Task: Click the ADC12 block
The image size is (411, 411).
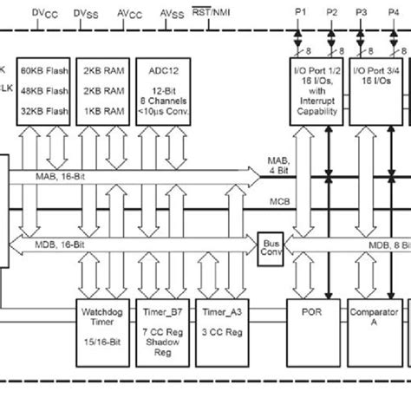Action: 165,92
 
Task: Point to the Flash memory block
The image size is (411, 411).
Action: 44,92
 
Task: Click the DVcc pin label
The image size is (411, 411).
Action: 44,13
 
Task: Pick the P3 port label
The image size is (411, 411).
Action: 362,13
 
